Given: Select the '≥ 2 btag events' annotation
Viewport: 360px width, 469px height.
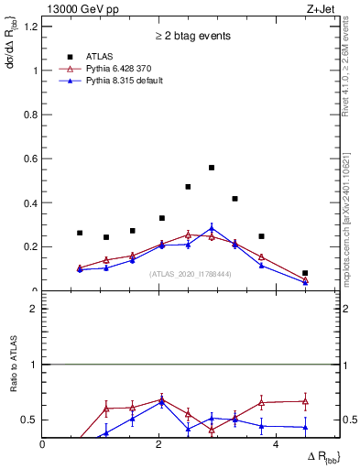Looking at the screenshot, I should (191, 37).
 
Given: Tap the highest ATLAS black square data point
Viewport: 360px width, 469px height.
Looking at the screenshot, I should (212, 168).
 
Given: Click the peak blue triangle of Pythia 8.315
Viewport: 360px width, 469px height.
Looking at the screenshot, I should (212, 228).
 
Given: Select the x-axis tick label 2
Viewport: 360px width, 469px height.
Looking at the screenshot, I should (159, 444).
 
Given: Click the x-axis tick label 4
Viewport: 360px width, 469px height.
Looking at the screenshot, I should (277, 444).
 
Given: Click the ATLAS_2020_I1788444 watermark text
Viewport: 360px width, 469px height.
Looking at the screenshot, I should (190, 274).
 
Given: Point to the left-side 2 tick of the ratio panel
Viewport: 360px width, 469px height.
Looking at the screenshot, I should (33, 309).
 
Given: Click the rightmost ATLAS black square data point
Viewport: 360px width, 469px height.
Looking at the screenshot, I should (305, 273).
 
